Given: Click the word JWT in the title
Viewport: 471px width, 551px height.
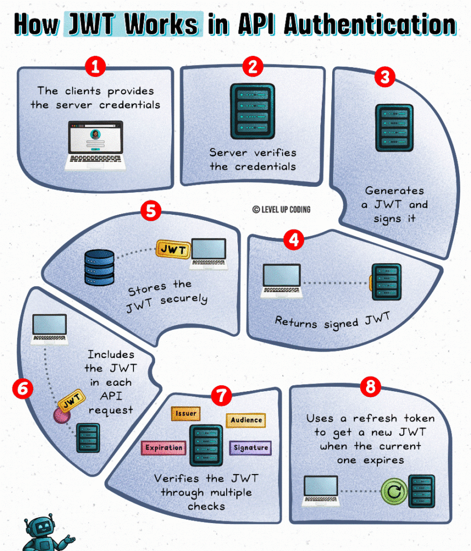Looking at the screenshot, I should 89,24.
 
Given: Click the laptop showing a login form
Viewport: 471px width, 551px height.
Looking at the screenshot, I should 95,145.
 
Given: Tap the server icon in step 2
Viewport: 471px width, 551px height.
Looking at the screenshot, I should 252,111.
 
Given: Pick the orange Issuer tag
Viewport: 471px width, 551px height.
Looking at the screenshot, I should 186,414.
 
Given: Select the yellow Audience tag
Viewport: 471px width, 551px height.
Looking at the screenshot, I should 246,420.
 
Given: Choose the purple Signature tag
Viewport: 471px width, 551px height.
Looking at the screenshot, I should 250,448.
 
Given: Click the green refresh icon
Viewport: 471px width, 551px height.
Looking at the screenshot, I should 393,491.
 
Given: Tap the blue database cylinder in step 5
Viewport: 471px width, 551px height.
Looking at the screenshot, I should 99,267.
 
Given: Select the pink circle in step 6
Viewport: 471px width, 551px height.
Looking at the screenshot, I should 62,415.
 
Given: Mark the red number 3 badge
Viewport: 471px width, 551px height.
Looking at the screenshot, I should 384,77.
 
